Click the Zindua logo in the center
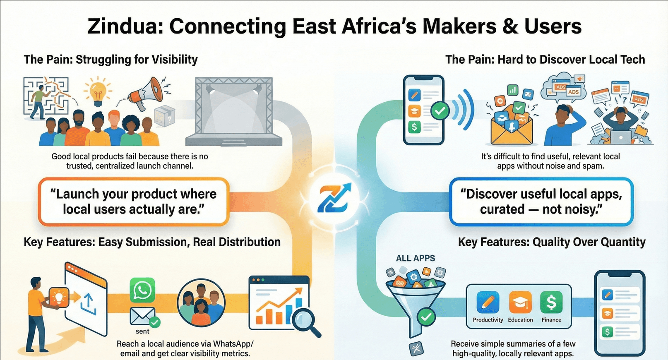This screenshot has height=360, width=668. click(334, 198)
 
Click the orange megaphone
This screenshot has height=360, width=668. click(146, 93)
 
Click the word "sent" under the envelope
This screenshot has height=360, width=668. click(142, 331)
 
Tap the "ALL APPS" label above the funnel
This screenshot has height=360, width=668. click(416, 258)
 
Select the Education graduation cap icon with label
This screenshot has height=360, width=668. click(520, 307)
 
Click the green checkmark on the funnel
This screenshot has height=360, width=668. click(426, 317)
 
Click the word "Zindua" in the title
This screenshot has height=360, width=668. click(125, 26)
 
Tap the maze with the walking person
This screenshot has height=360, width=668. click(46, 97)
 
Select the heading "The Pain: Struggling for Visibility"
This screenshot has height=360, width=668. click(111, 60)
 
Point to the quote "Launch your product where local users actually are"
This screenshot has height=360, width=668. click(133, 202)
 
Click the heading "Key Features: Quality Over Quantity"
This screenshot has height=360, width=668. click(552, 242)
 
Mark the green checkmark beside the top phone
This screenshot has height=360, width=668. click(440, 110)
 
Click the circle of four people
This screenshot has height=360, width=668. click(201, 303)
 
